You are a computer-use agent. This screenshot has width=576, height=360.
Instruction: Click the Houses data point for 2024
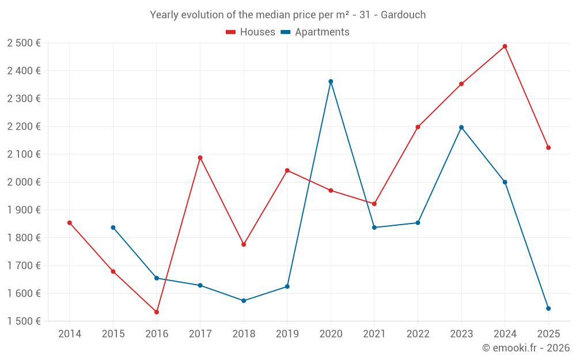tap(505, 47)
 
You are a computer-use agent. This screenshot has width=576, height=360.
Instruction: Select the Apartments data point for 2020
tap(331, 82)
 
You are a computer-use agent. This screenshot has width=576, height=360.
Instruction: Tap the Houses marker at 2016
tap(157, 312)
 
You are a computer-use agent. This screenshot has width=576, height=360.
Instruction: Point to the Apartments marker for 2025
tap(548, 309)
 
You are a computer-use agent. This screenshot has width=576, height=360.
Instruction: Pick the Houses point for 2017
tap(200, 158)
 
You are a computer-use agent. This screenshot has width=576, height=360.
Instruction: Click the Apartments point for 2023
tap(461, 127)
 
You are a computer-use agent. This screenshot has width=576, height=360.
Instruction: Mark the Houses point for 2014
tap(70, 223)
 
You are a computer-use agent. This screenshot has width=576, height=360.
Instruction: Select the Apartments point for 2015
tap(113, 228)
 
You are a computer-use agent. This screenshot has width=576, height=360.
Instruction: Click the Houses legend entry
tap(251, 32)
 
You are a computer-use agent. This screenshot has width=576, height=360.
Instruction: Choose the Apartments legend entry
tap(315, 32)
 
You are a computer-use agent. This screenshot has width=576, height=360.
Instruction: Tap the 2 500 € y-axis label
tap(24, 43)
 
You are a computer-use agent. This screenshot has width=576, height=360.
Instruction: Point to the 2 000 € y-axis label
tap(24, 182)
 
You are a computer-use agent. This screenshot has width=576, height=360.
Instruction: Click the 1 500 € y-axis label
tap(24, 321)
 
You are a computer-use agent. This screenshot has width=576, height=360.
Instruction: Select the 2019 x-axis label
tap(287, 334)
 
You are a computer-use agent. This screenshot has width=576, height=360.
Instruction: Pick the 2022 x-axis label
tap(418, 334)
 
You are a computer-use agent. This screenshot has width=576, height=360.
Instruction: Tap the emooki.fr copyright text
tap(525, 348)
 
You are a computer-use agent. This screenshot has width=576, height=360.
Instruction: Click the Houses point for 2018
tap(244, 245)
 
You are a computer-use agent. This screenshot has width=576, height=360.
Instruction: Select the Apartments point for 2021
tap(374, 228)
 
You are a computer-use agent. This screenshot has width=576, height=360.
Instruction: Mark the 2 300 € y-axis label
tap(24, 98)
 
